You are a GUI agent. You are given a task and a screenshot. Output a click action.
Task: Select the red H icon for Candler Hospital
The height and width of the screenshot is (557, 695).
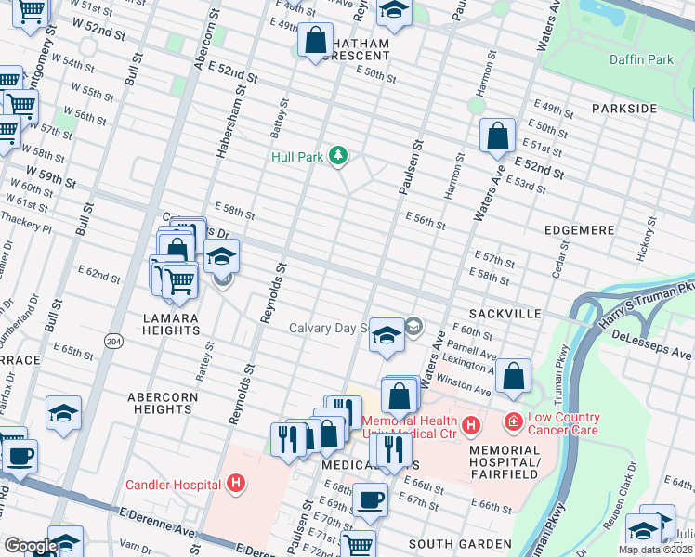(237, 484)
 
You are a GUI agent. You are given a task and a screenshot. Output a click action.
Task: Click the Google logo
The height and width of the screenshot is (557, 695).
(30, 546)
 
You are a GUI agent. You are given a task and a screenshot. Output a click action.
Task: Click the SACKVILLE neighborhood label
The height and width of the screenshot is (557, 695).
(505, 315)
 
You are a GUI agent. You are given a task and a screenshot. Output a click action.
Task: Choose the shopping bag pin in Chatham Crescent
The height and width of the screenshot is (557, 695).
(315, 40)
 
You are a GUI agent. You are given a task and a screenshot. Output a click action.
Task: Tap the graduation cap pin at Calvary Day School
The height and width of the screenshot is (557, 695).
(386, 334)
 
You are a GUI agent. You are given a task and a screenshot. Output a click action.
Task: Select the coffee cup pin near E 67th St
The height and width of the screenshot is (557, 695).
(371, 499)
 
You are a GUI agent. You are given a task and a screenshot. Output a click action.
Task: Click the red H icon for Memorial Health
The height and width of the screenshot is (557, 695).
(472, 425)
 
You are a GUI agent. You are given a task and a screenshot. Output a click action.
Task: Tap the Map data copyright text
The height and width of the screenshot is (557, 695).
(655, 550)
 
